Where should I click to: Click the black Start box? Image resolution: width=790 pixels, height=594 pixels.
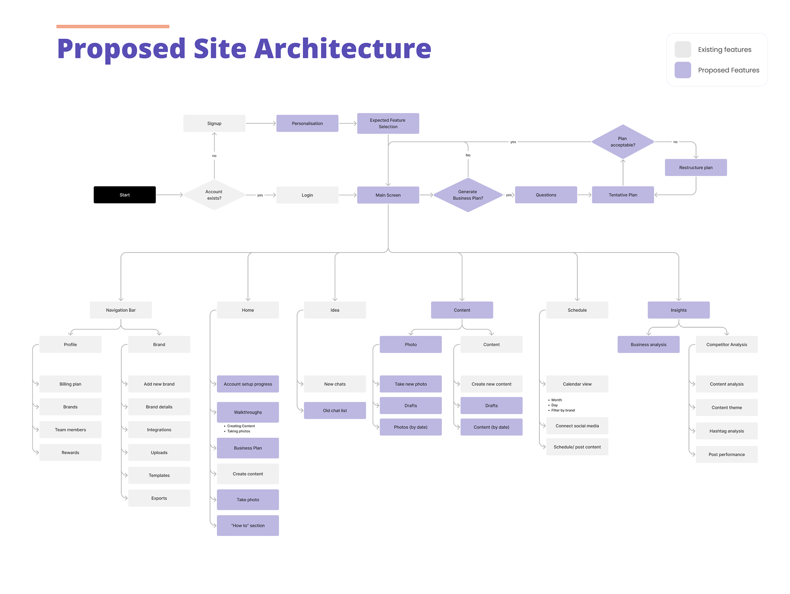click(124, 195)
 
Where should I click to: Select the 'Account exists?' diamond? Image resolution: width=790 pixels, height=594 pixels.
click(214, 195)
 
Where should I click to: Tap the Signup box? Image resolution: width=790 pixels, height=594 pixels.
click(214, 123)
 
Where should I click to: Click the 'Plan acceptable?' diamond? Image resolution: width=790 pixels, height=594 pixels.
click(623, 142)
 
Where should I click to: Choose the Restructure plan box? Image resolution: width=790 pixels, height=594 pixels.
click(696, 167)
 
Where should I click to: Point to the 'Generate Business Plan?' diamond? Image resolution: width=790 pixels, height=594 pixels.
click(468, 195)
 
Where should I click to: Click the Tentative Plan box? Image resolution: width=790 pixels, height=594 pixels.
click(623, 195)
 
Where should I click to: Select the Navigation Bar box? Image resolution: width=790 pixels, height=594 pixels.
click(121, 310)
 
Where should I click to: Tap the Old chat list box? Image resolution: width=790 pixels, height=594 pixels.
click(335, 411)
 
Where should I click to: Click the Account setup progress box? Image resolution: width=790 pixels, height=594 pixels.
click(248, 384)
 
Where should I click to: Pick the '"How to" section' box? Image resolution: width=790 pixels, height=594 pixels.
click(248, 526)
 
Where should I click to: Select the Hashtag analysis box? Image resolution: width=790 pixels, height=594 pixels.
click(726, 431)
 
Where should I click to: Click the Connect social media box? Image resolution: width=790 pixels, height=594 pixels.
click(577, 426)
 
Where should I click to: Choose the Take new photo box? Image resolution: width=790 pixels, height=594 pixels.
click(411, 384)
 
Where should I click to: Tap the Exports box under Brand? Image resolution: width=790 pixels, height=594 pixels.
click(159, 498)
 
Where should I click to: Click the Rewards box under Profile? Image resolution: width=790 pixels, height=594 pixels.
click(70, 452)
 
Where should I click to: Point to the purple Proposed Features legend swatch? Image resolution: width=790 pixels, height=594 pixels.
click(683, 70)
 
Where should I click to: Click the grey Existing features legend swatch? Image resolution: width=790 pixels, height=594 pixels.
click(683, 49)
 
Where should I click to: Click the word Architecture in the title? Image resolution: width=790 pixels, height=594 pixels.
click(343, 49)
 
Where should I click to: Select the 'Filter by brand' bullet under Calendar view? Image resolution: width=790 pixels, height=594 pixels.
click(563, 411)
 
